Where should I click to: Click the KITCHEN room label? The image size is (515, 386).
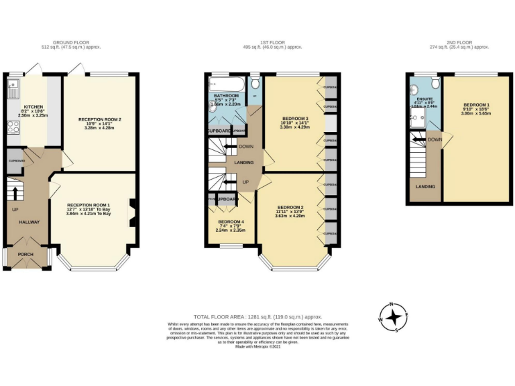pos(34,107)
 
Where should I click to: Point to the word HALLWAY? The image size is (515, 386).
pos(29,222)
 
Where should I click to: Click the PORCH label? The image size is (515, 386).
pos(25,255)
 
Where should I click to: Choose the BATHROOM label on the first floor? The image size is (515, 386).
pos(227,96)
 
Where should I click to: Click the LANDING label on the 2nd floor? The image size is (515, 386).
pos(424,186)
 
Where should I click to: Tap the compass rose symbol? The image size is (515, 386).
pos(395,316)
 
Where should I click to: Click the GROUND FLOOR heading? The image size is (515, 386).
pos(72,42)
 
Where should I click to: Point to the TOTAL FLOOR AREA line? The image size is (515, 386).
pos(257,316)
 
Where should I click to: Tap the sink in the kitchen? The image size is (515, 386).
pos(13,85)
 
